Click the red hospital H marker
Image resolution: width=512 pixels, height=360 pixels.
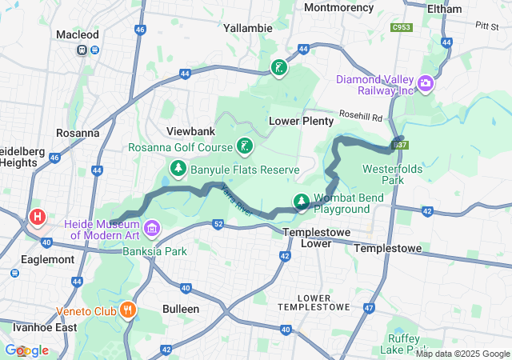click(37, 217)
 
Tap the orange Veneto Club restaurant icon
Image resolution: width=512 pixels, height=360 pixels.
click(127, 310)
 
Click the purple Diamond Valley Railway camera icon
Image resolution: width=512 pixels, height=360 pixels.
click(425, 82)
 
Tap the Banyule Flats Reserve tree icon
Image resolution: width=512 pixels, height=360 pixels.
click(178, 169)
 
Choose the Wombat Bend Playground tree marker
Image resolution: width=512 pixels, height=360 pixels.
click(302, 201)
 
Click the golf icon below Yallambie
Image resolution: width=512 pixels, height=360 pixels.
click(278, 68)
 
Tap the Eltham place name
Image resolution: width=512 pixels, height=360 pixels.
click(444, 9)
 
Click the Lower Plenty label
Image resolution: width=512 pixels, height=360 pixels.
click(300, 121)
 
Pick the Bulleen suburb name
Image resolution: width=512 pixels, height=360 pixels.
click(181, 308)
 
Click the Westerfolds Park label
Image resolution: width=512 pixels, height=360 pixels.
click(392, 174)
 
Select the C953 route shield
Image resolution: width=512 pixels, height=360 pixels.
click(401, 28)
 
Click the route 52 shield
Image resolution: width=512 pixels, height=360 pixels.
click(218, 225)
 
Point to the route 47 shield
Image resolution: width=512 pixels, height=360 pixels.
click(369, 307)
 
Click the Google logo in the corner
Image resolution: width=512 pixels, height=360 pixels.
click(26, 350)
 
